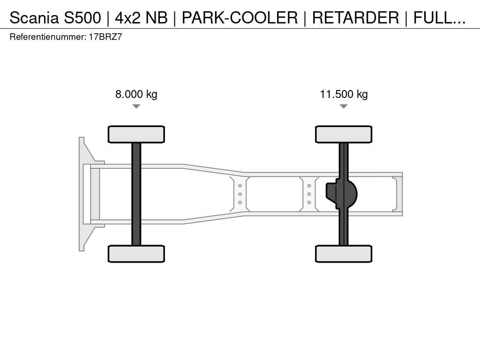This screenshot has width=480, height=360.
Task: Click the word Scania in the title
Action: tap(34, 18)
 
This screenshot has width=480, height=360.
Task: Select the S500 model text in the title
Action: tap(82, 18)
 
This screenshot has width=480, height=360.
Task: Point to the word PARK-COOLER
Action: tap(240, 18)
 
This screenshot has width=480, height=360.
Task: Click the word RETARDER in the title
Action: tap(355, 18)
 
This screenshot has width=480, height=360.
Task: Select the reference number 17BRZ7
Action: tap(105, 37)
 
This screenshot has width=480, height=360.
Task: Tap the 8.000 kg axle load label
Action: tap(136, 94)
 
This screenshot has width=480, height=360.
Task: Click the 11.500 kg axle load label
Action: tap(344, 94)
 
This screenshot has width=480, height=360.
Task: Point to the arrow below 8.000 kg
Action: tap(136, 106)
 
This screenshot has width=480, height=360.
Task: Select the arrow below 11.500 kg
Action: tap(344, 106)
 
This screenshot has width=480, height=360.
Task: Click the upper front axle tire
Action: tap(136, 134)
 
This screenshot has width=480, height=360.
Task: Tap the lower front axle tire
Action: tap(136, 254)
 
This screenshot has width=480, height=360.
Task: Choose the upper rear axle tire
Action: tap(344, 134)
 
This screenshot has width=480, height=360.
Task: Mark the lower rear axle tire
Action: tap(344, 254)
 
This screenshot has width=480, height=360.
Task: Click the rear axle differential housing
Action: tap(342, 194)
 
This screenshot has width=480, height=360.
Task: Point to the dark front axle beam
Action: tap(136, 194)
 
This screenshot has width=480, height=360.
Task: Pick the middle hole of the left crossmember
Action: tap(240, 194)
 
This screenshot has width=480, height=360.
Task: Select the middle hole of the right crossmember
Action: tap(309, 194)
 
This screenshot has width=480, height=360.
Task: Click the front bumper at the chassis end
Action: tap(82, 194)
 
